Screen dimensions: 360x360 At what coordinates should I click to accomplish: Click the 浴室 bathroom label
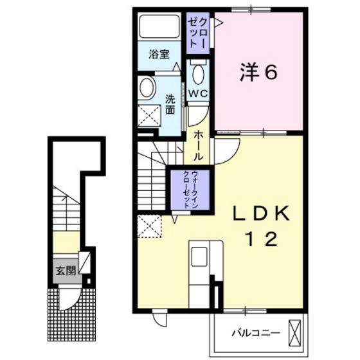pyautogui.click(x=159, y=55)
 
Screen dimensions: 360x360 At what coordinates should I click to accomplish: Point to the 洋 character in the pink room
pyautogui.click(x=248, y=73)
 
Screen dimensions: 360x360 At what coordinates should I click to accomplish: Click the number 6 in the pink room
pyautogui.click(x=271, y=73)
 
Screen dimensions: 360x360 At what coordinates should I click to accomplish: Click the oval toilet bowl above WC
pyautogui.click(x=198, y=75)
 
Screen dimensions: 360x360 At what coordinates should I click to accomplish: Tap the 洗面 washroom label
pyautogui.click(x=170, y=104)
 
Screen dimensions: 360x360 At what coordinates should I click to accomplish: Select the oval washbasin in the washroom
pyautogui.click(x=147, y=88)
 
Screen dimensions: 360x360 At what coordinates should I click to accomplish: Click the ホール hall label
pyautogui.click(x=199, y=145)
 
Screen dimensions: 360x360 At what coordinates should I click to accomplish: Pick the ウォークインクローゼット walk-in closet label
pyautogui.click(x=190, y=189)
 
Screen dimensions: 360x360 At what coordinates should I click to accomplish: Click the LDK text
pyautogui.click(x=263, y=213)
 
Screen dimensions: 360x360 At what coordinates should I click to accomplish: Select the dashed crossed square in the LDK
pyautogui.click(x=149, y=226)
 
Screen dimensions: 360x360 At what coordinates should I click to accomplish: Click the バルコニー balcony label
pyautogui.click(x=255, y=333)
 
